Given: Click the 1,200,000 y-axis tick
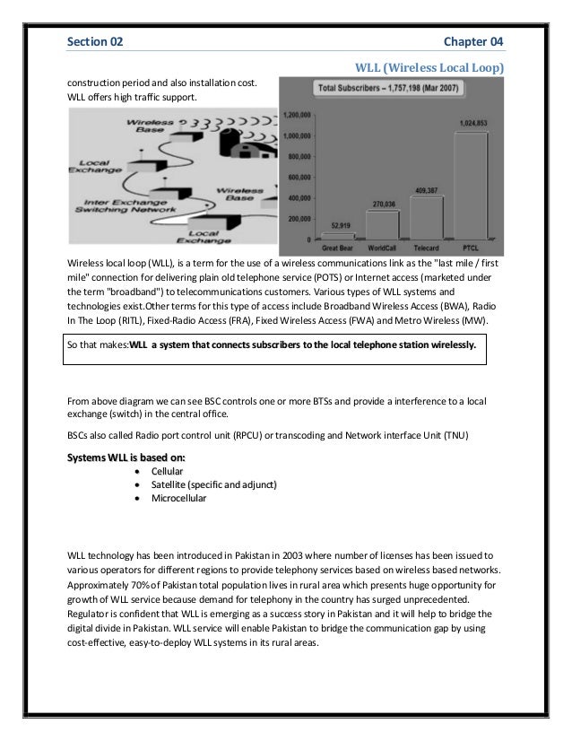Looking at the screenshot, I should pos(297,116).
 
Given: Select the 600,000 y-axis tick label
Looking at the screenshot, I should pos(299,178).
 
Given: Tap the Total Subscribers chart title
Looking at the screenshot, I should pos(401,89).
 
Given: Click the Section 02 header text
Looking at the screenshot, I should pos(96,41).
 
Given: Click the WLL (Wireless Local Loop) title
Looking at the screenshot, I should pos(430,67).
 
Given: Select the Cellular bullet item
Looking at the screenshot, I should pos(168,469).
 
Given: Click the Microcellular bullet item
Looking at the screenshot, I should pos(178,498).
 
